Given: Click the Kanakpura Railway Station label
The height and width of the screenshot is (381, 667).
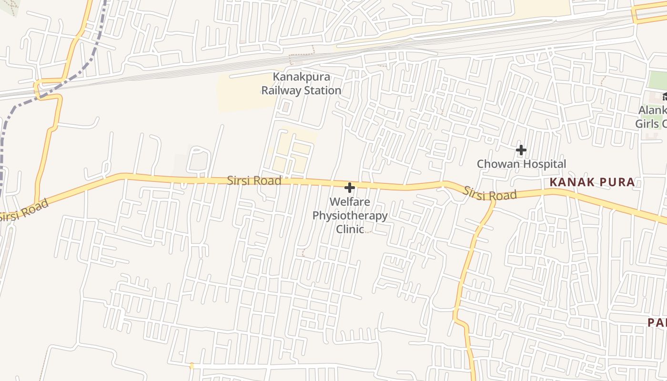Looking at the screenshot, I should (x=301, y=83).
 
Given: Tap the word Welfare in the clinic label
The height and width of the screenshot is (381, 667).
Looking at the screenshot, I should (x=350, y=202).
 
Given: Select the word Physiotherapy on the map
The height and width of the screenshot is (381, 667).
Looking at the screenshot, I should (x=350, y=216).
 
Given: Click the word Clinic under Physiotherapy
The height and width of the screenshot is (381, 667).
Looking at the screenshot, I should (x=350, y=229).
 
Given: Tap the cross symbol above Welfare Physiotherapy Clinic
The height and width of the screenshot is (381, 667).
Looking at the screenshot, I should (x=350, y=188).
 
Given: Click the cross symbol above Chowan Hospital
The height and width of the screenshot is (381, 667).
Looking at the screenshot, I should (x=521, y=150).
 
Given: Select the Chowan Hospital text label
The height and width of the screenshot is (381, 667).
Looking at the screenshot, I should (x=521, y=164).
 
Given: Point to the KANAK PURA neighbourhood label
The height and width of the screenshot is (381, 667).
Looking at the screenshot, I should (x=592, y=182).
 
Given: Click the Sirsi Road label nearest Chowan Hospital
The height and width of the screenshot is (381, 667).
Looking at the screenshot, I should (x=490, y=193).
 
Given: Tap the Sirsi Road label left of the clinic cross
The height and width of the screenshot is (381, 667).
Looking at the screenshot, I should (x=253, y=181).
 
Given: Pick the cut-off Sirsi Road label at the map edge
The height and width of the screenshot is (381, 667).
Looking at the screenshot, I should (x=24, y=211).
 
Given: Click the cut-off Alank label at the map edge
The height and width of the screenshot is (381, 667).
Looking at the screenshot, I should (x=652, y=110).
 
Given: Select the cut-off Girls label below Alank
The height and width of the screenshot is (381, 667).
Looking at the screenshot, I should (x=651, y=124).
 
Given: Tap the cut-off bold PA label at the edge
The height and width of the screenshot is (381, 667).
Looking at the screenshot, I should (x=657, y=322).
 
